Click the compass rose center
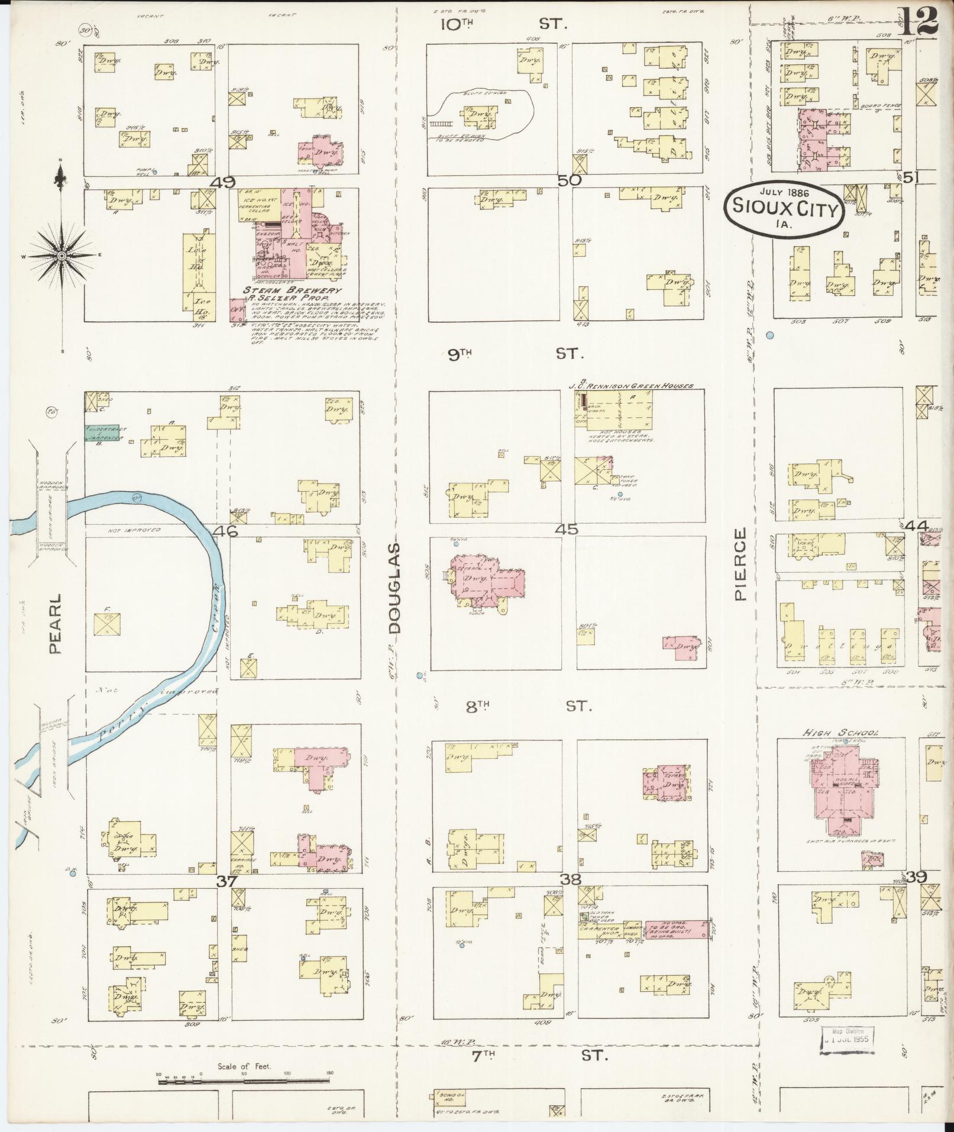(62, 256)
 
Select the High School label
(840, 733)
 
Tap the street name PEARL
(55, 624)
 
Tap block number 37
(226, 881)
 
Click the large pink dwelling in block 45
(486, 578)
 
